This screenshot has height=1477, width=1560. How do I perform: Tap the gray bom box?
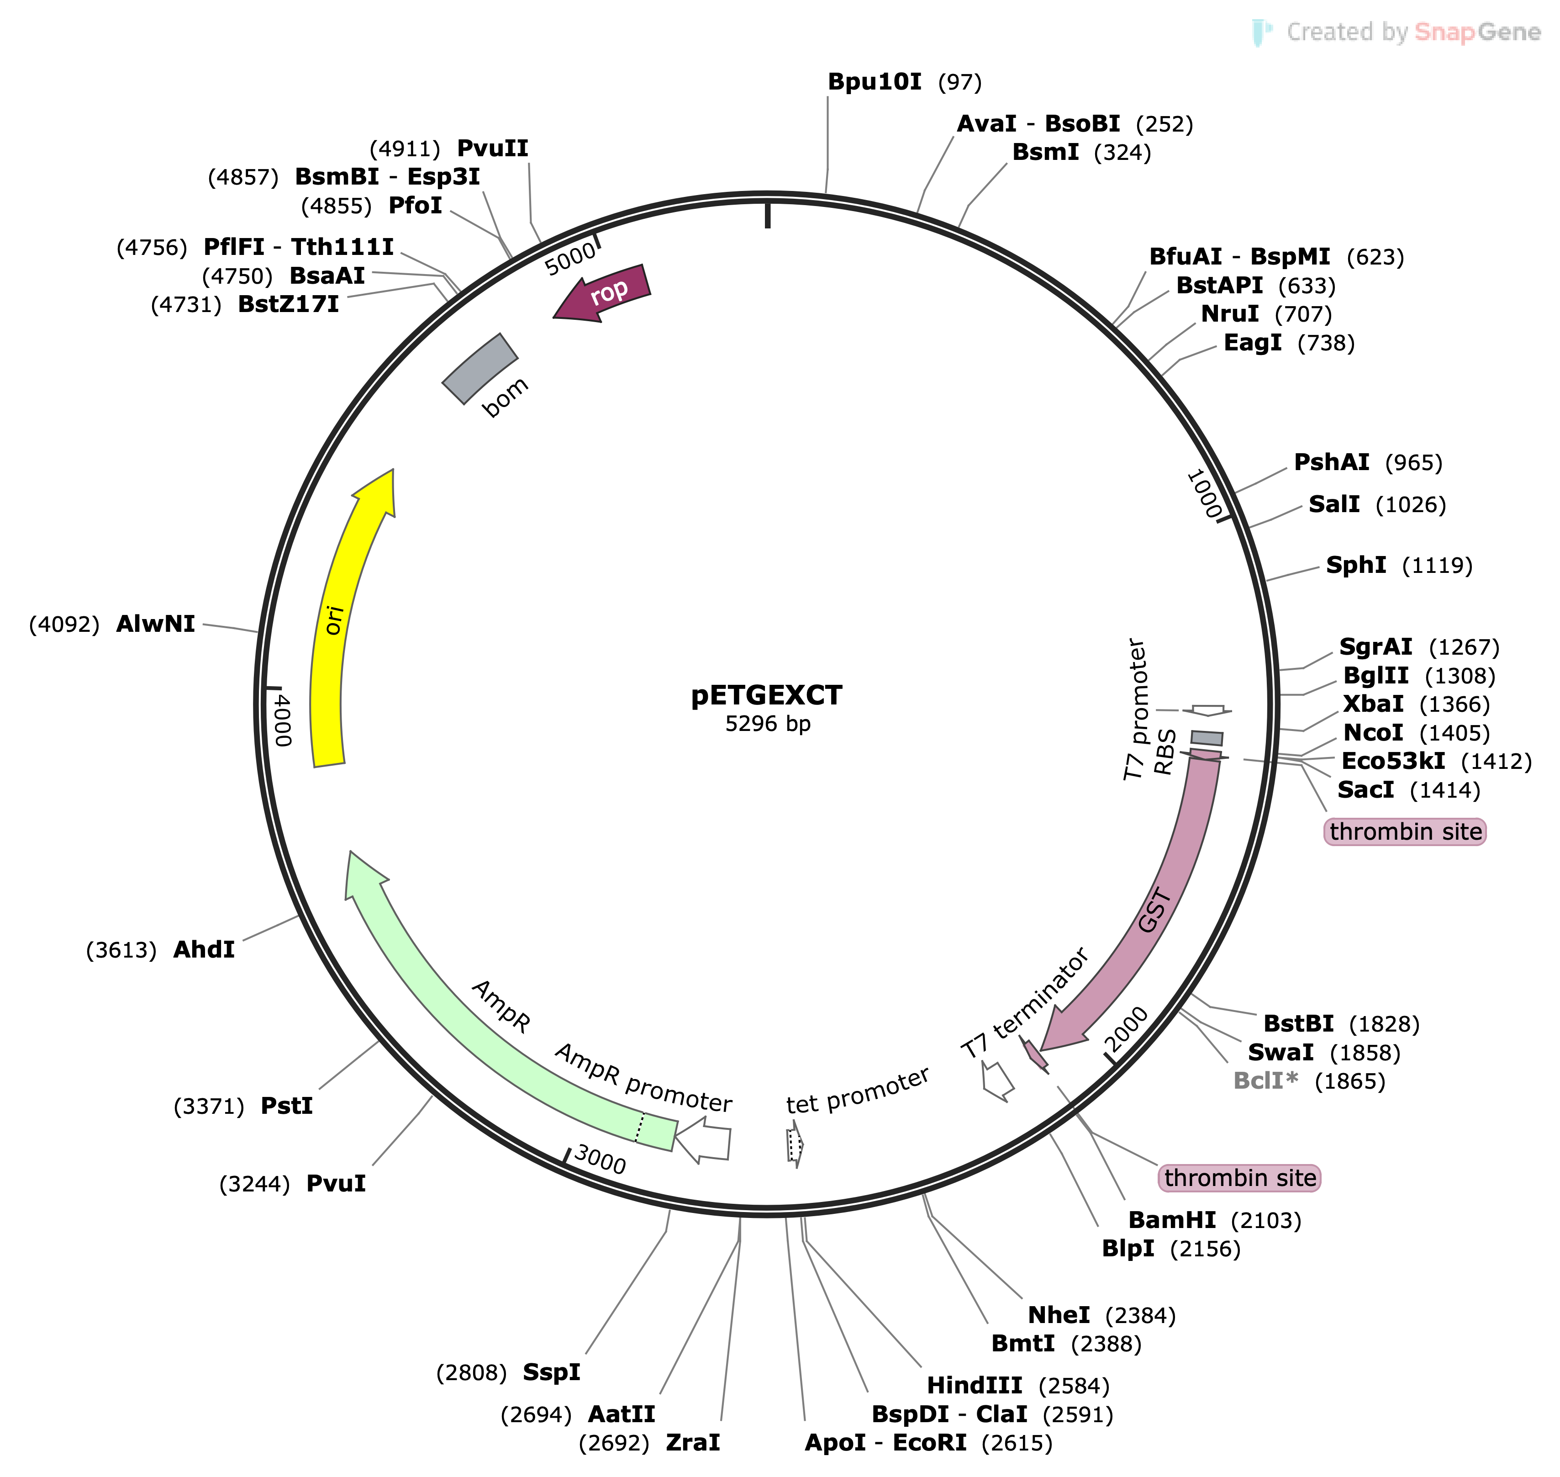coord(480,369)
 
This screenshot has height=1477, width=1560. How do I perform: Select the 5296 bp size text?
coord(767,724)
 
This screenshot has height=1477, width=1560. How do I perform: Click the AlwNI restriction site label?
coord(155,625)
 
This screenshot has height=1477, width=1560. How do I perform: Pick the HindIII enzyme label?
coord(975,1386)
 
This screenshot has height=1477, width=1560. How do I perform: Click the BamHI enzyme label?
coord(1172,1220)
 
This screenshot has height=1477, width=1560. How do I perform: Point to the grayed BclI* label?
coord(1265,1081)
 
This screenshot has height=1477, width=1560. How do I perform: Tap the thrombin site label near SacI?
coord(1405,832)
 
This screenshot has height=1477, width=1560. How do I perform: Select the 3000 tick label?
coord(600,1159)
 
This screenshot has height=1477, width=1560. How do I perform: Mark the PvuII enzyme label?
coord(493,149)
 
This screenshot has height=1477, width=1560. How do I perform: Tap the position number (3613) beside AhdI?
coord(121,950)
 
